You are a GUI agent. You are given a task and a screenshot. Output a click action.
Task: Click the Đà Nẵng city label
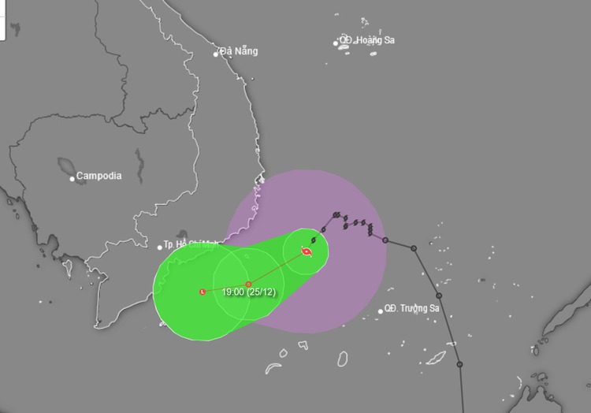240,51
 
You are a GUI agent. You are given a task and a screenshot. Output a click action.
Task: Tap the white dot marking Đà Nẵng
216,54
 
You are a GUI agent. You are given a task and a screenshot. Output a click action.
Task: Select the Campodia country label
99,176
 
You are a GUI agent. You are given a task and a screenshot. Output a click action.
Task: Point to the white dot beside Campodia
72,178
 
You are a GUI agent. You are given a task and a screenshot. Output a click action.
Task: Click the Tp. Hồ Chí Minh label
191,245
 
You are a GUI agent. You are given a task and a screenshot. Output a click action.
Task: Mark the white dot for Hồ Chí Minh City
158,247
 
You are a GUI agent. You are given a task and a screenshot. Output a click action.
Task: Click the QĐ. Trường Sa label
412,308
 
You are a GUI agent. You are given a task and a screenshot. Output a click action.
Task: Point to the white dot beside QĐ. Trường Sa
381,311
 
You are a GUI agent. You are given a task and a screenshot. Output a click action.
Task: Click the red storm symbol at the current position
307,252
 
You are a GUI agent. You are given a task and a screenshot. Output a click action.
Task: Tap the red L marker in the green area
203,292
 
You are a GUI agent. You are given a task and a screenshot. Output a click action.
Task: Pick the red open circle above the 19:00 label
248,284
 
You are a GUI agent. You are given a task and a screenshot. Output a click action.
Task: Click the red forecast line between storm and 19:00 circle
277,268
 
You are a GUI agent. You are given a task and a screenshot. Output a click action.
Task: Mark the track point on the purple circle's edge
385,240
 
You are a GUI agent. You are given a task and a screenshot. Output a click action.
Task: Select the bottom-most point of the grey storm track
459,365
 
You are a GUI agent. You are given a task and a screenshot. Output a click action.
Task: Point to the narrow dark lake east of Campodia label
139,165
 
